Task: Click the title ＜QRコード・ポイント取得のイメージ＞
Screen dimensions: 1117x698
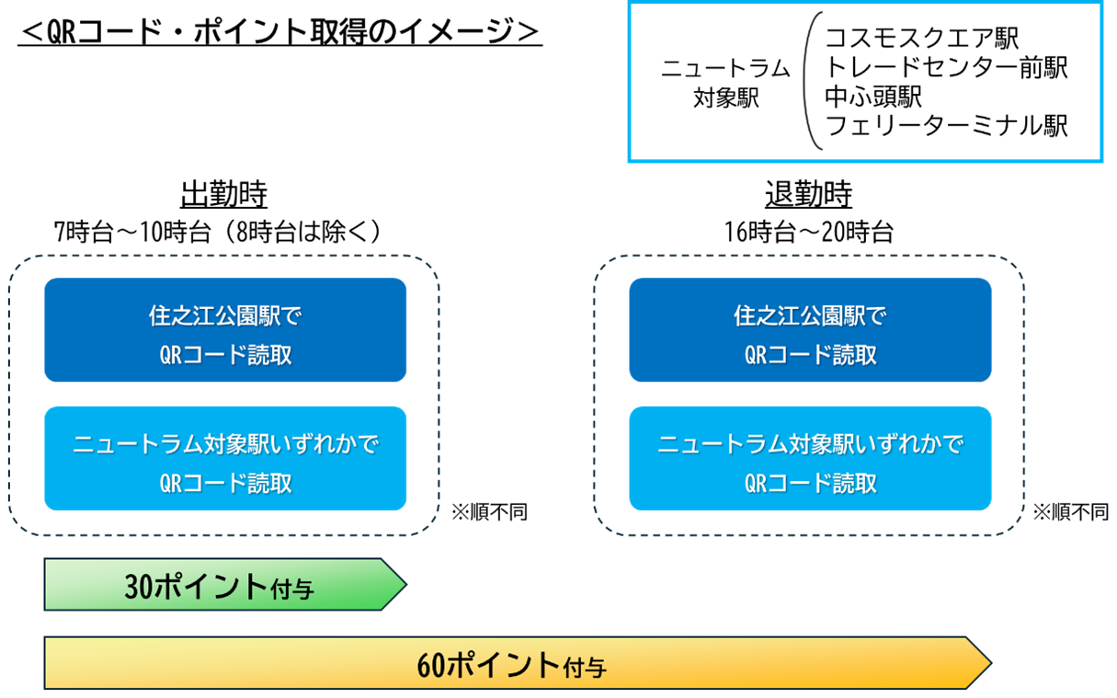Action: point(280,31)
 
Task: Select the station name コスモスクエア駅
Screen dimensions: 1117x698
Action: point(921,38)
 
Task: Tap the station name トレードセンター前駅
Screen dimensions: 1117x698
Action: point(946,67)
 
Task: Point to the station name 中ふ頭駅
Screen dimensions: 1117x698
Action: point(873,97)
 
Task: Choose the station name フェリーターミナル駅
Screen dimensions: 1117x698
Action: point(946,125)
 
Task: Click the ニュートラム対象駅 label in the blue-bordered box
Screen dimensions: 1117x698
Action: point(725,83)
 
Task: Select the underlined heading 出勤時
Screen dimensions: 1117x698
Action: point(224,194)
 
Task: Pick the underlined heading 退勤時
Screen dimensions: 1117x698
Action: point(808,194)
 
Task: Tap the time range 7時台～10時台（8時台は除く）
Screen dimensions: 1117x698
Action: point(219,232)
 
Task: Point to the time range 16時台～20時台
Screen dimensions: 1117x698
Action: point(808,232)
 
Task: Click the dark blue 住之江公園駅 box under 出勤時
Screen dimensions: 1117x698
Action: point(225,330)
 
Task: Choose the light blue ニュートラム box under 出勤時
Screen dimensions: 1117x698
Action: point(225,458)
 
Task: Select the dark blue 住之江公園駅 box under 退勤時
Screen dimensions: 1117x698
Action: point(810,330)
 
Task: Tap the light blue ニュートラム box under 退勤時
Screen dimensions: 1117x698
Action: point(810,458)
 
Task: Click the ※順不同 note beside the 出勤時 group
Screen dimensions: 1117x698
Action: point(489,512)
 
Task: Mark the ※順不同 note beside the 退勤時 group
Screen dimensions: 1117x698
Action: point(1070,512)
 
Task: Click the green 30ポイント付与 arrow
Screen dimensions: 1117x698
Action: point(225,584)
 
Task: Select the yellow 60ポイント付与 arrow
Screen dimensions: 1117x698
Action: point(518,663)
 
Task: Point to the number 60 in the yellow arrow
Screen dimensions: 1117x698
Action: point(430,666)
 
